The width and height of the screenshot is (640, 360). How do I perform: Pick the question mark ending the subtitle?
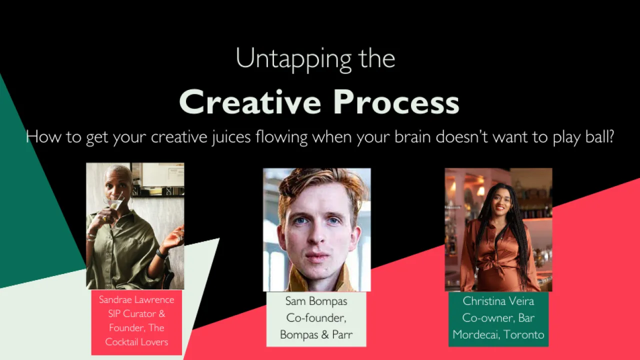pos(609,136)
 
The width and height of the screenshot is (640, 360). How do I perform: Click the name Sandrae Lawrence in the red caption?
pos(136,300)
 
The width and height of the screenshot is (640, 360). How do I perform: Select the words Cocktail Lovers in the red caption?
pos(136,342)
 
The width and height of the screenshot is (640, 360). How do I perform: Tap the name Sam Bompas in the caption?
pos(316,301)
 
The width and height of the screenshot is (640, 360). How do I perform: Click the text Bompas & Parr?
pos(316,334)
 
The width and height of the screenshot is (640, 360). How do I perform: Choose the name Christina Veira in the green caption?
pos(498,301)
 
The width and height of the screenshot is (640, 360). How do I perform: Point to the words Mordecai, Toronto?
pos(498,334)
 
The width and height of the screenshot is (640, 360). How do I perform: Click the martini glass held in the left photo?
pos(114,203)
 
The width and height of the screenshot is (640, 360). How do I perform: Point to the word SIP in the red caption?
pos(114,314)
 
